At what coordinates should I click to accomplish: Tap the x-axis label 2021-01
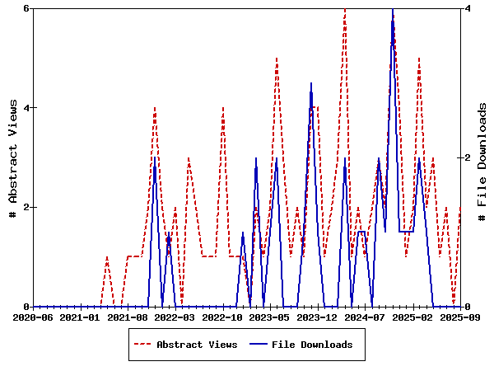(81, 317)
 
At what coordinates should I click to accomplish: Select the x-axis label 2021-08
(128, 317)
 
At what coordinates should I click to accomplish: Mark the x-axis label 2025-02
(413, 317)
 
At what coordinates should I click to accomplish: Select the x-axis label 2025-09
(459, 317)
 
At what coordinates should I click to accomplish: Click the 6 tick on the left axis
(26, 8)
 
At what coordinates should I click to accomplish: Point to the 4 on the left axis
(26, 108)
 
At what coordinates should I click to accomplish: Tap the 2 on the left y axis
(26, 207)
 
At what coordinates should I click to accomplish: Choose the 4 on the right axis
(467, 8)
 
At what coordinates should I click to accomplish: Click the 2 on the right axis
(467, 157)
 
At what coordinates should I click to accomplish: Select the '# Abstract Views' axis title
(12, 157)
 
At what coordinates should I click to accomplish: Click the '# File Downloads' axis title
(483, 157)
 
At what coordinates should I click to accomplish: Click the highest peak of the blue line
(393, 9)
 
